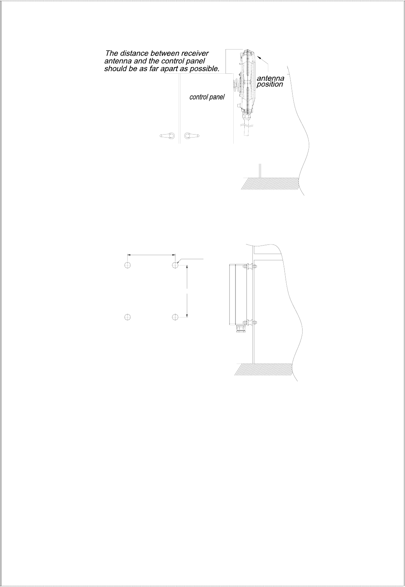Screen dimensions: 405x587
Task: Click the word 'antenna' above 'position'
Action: tap(270, 78)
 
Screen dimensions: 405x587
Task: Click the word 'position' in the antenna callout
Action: tap(269, 84)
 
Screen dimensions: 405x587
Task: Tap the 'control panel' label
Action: tap(207, 98)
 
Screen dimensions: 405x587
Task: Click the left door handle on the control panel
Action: tap(167, 136)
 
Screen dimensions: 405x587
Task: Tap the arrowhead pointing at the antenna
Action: tap(259, 57)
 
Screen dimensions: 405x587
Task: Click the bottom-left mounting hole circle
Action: tap(128, 317)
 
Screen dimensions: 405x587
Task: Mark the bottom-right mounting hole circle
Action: tap(175, 317)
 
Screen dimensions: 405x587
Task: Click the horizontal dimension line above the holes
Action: tap(151, 254)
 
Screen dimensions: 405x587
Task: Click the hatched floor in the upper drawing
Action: tap(269, 184)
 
